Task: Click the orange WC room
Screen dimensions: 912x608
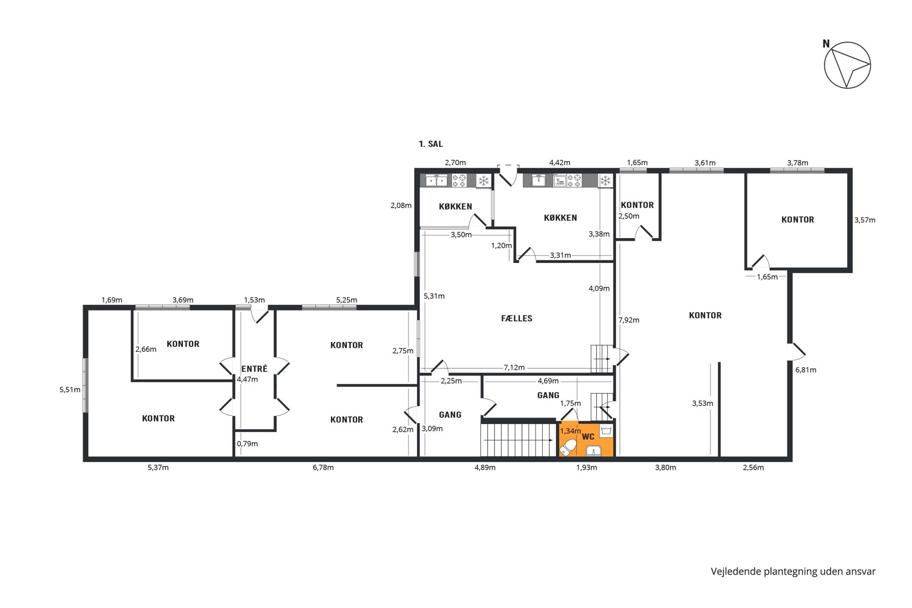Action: click(586, 439)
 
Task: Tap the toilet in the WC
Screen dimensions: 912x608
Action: click(567, 448)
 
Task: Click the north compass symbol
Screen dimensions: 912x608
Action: click(847, 65)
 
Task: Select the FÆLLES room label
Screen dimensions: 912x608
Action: click(516, 318)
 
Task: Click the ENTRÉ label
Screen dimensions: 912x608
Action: click(254, 368)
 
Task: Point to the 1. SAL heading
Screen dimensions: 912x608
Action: click(431, 144)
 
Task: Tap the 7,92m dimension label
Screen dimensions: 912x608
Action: click(629, 320)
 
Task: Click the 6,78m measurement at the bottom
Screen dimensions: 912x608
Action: click(323, 467)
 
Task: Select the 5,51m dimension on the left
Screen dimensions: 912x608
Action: click(70, 390)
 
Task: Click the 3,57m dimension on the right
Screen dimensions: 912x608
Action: click(865, 220)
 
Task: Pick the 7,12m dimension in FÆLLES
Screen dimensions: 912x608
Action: click(514, 367)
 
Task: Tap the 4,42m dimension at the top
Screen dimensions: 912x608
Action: click(560, 163)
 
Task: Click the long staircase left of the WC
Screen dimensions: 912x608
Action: click(518, 440)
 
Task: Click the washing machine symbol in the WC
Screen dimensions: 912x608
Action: click(606, 431)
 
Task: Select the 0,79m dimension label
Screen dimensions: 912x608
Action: click(247, 444)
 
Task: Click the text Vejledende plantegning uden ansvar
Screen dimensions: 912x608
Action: click(793, 572)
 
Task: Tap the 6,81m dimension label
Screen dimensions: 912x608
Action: click(806, 370)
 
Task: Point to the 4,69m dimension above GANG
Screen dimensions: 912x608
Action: click(548, 381)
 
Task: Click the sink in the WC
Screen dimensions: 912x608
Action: click(593, 451)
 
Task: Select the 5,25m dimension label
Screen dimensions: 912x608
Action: click(347, 300)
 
